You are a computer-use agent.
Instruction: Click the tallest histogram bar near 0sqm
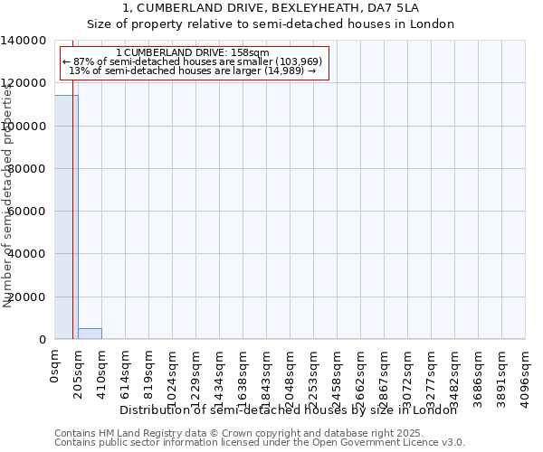tap(65, 217)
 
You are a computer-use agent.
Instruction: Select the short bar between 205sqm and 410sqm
tap(90, 334)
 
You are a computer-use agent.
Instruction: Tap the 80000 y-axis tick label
tap(28, 169)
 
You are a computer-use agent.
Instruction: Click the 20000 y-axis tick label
tap(28, 297)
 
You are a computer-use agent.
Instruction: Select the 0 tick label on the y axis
tap(43, 340)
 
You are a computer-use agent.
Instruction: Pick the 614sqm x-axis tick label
tap(126, 371)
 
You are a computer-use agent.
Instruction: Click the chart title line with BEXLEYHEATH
tap(271, 8)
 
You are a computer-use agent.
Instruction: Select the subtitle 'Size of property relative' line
tap(271, 24)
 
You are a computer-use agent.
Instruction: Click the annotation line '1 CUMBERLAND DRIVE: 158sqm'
tap(193, 53)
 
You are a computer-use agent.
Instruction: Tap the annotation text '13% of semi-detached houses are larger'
tap(193, 71)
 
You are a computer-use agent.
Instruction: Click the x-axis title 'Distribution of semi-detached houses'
tap(288, 410)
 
